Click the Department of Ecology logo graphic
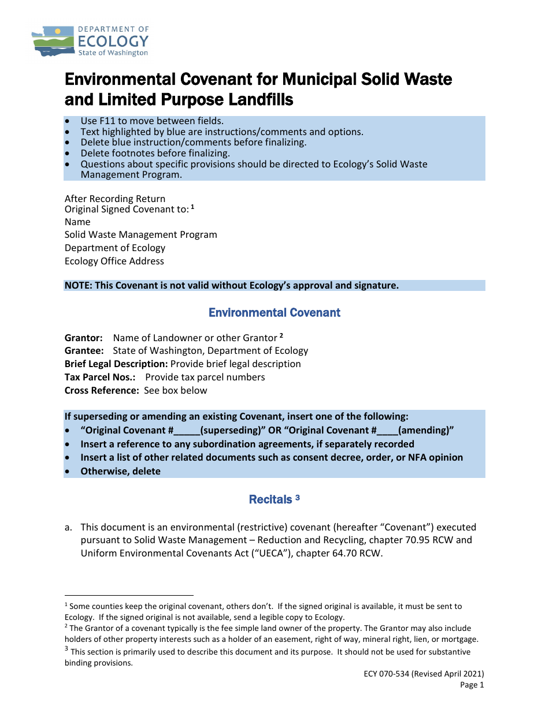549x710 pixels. pyautogui.click(x=53, y=41)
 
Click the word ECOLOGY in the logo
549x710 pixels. pyautogui.click(x=113, y=41)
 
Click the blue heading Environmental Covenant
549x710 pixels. pyautogui.click(x=274, y=313)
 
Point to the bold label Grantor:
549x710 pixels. pyautogui.click(x=84, y=338)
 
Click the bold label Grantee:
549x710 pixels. pyautogui.click(x=84, y=350)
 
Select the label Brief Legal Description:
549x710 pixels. pyautogui.click(x=116, y=364)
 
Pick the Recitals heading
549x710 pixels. pyautogui.click(x=270, y=499)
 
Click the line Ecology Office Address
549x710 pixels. pyautogui.click(x=114, y=261)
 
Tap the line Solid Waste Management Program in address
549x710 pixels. pyautogui.click(x=141, y=234)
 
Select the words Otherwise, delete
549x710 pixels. pyautogui.click(x=121, y=471)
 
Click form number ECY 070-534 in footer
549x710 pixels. pyautogui.click(x=435, y=674)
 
